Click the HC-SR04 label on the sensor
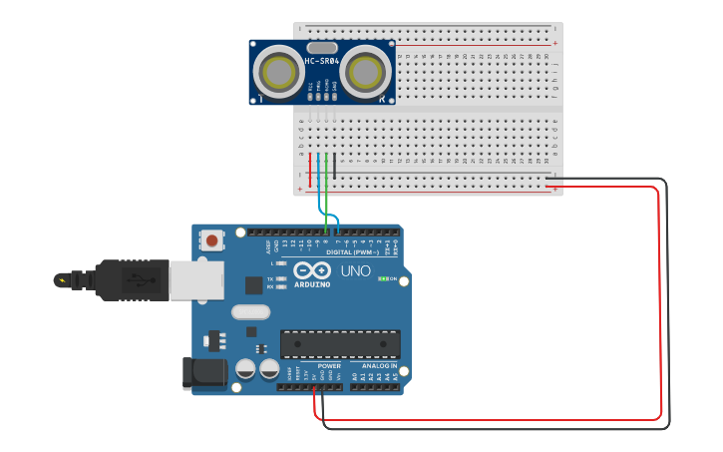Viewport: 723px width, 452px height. [x=321, y=62]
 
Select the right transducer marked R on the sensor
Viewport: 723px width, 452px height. [x=367, y=71]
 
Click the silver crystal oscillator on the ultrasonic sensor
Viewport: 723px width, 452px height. [x=321, y=47]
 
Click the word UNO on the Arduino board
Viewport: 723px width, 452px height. [x=356, y=270]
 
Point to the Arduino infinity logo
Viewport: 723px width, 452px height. [x=311, y=270]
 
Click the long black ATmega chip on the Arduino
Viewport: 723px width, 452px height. [x=339, y=344]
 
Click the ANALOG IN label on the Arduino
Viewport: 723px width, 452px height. [x=379, y=366]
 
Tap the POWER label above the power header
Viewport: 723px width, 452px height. [x=329, y=366]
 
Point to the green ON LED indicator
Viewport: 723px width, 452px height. [x=383, y=278]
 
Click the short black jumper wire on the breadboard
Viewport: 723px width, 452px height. [x=334, y=167]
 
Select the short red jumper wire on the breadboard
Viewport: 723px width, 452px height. [x=310, y=167]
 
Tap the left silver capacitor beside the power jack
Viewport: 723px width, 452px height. [x=245, y=369]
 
